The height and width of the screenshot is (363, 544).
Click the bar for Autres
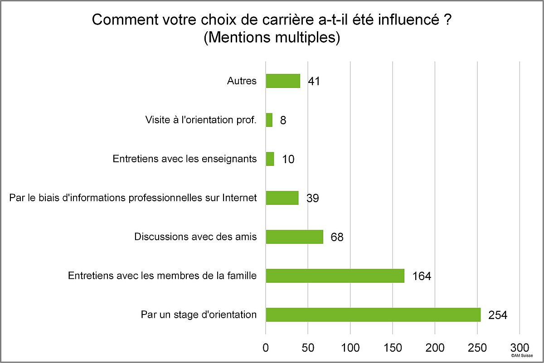pyautogui.click(x=283, y=81)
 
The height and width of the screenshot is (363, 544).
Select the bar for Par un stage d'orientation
pyautogui.click(x=373, y=315)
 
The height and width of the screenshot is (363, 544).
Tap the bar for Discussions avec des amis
pyautogui.click(x=294, y=237)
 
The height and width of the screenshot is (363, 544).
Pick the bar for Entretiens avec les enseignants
pyautogui.click(x=270, y=159)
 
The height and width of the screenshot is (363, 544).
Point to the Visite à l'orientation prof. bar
pyautogui.click(x=269, y=120)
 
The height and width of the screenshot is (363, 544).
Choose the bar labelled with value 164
pyautogui.click(x=335, y=276)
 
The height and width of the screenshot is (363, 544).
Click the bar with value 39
pyautogui.click(x=282, y=198)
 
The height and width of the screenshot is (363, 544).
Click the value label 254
pyautogui.click(x=497, y=315)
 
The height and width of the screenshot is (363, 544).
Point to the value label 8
pyautogui.click(x=283, y=121)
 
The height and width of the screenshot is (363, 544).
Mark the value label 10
pyautogui.click(x=288, y=160)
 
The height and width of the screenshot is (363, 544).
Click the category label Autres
pyautogui.click(x=242, y=82)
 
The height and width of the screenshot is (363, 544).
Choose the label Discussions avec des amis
pyautogui.click(x=195, y=237)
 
